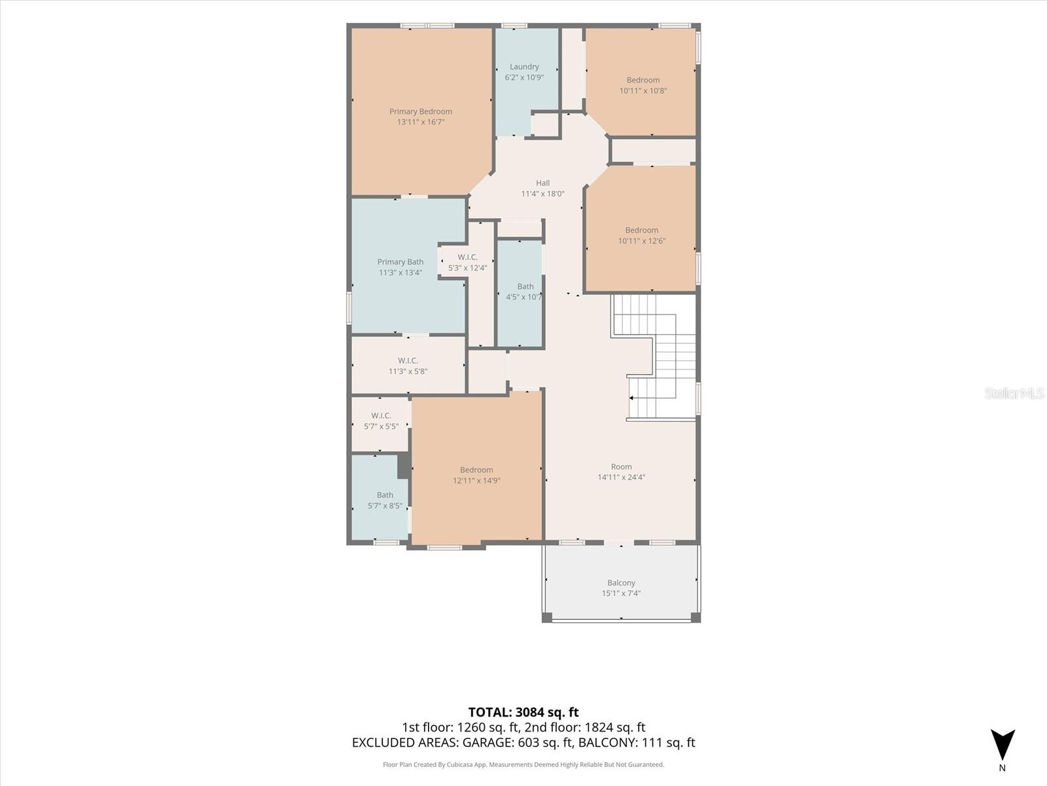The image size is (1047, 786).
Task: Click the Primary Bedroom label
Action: [420, 111]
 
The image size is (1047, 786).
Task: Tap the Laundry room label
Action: [524, 67]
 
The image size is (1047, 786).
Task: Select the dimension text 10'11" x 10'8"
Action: [643, 90]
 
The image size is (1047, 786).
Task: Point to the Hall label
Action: [543, 183]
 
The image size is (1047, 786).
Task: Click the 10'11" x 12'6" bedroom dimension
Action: [641, 241]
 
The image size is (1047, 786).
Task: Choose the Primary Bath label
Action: [400, 262]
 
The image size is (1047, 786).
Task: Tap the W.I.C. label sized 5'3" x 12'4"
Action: [467, 257]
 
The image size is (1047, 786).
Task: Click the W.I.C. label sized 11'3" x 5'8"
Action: [408, 361]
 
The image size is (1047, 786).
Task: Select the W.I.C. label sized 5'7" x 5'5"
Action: [381, 416]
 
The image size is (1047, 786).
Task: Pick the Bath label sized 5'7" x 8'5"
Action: [385, 495]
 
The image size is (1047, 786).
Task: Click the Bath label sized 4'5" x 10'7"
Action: [525, 286]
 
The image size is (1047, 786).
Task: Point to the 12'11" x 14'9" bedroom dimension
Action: [476, 481]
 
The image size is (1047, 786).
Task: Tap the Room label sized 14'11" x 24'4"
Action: [621, 467]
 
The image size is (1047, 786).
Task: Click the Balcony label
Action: [621, 583]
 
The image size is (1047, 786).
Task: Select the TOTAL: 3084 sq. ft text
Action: [523, 712]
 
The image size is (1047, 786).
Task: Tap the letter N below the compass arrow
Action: [1002, 768]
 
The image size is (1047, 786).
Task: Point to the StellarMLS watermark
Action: [1014, 394]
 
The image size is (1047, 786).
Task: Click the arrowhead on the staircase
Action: [631, 398]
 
